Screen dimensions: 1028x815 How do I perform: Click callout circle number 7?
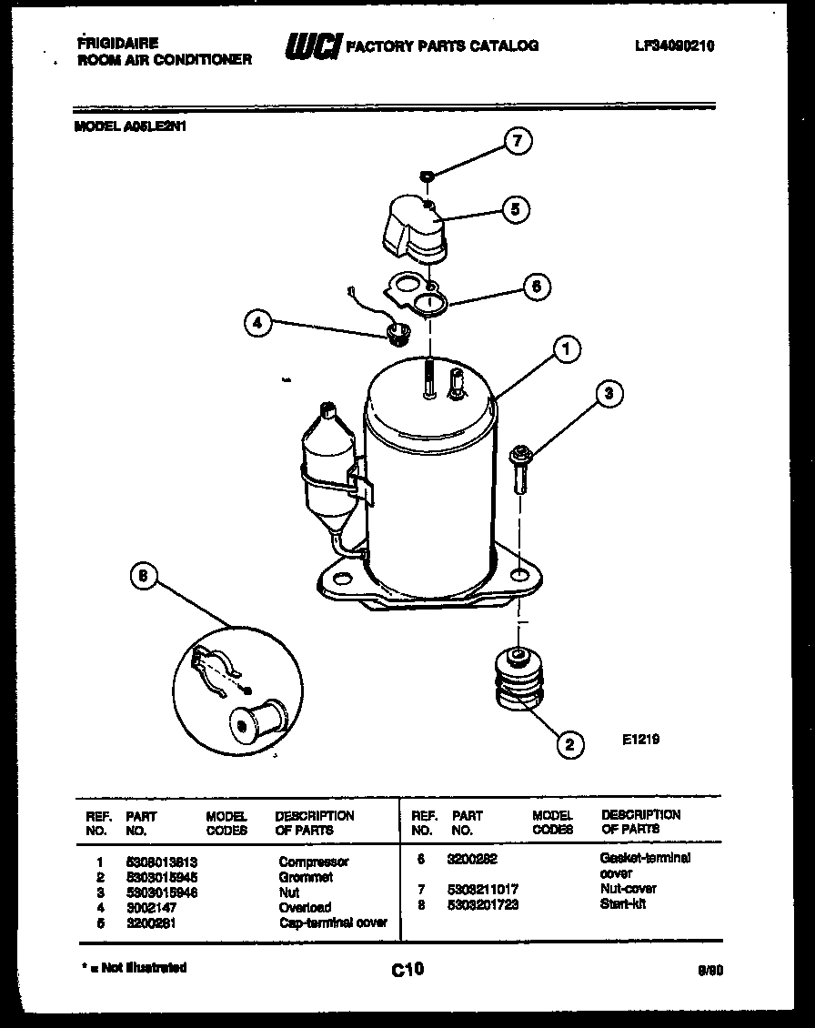(x=518, y=141)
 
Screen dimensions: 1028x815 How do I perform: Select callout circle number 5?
(x=515, y=209)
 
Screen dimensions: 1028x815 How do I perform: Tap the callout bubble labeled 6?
(x=536, y=286)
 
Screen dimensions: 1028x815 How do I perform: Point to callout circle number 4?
(x=258, y=323)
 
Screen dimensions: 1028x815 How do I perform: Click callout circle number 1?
(x=566, y=348)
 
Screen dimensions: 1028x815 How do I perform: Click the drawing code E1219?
(x=641, y=740)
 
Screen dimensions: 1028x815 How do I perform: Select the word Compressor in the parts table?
(x=313, y=862)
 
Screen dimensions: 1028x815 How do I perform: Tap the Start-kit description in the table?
(x=623, y=903)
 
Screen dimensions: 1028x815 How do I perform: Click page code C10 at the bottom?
(x=407, y=970)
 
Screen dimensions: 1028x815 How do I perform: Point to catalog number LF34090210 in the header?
(x=674, y=46)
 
